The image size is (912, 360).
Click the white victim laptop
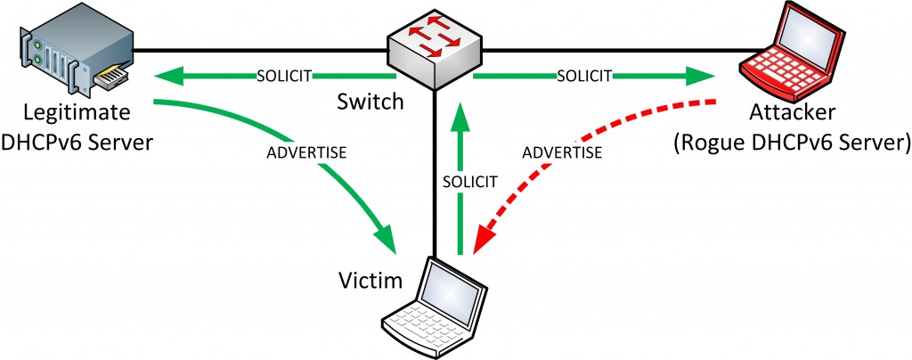[x=435, y=307]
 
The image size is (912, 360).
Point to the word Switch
[x=370, y=102]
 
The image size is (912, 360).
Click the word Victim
[x=371, y=282]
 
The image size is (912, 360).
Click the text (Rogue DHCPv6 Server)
[x=791, y=142]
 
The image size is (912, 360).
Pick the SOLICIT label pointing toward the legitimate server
[x=285, y=75]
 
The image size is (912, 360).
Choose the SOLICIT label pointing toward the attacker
[x=584, y=75]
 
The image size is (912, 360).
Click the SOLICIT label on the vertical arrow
[x=469, y=182]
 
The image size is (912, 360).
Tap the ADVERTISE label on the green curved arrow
[x=306, y=153]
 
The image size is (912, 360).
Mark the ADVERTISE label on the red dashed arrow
[x=562, y=153]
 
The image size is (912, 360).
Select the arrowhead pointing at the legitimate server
[x=169, y=75]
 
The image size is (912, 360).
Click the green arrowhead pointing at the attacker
[x=699, y=75]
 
